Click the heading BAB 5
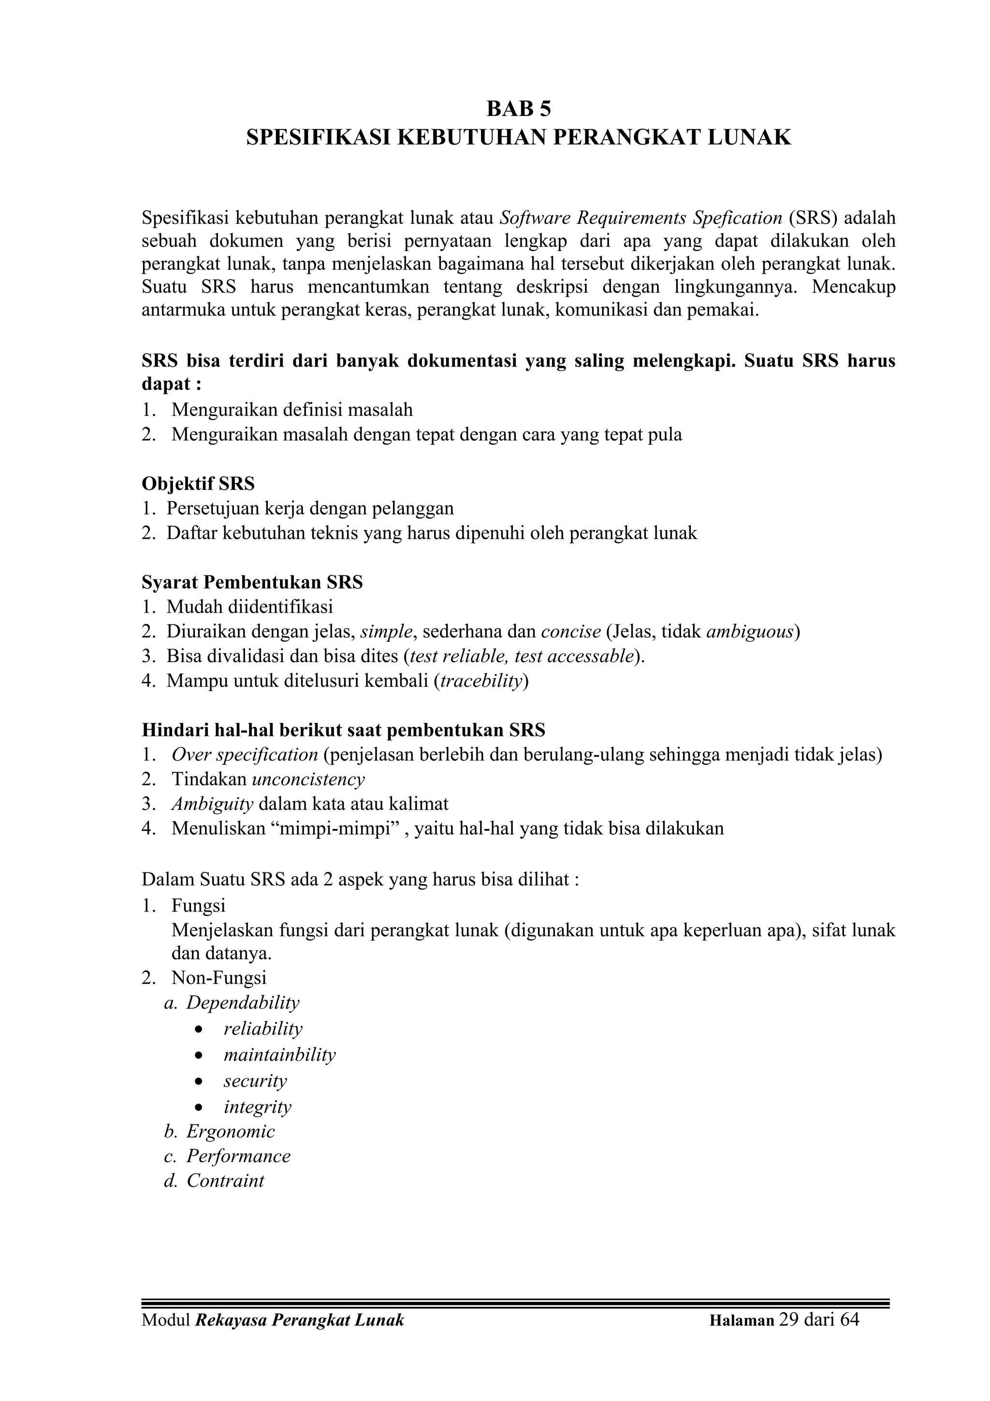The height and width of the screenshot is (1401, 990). pos(519,109)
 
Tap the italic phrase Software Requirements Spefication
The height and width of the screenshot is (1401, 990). pos(641,218)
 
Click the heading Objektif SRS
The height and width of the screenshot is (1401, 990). pos(198,484)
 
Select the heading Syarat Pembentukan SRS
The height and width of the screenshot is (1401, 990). pos(252,582)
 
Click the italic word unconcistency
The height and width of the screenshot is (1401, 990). pos(308,779)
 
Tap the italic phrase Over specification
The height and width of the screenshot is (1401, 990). pos(245,755)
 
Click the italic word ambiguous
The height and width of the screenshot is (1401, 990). pos(750,632)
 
